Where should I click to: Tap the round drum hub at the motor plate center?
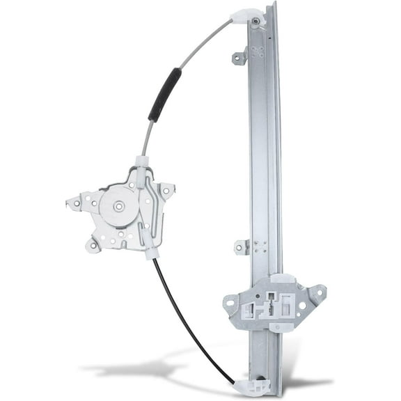[118, 206]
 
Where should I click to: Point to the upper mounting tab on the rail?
[239, 57]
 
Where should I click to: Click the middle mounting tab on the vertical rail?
[241, 246]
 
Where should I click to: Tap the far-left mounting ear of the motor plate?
[74, 204]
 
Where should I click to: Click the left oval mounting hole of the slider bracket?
[231, 301]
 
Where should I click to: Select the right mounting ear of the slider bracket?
[317, 293]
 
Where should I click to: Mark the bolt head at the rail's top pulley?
[257, 22]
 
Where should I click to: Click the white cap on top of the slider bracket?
[282, 278]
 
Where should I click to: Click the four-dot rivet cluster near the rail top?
[259, 51]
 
